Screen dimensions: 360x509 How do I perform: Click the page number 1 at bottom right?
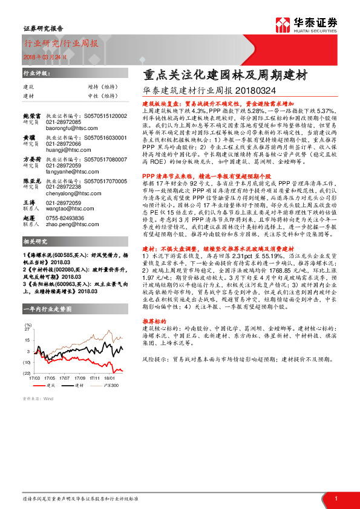coord(336,498)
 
